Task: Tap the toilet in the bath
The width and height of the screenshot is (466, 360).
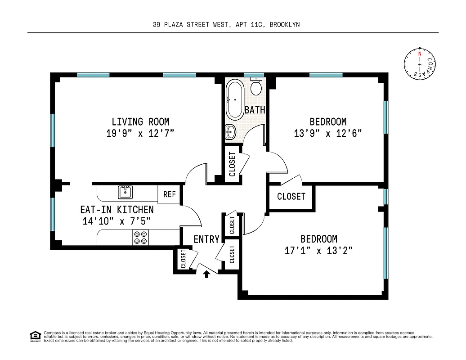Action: click(256, 87)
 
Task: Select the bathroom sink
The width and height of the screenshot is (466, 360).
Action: click(231, 132)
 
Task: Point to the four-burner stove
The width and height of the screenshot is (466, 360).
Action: click(140, 237)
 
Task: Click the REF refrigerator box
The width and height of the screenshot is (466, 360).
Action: click(170, 194)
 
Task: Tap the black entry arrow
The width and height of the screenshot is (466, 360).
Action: click(206, 274)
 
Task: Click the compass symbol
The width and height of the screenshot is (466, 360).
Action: click(420, 65)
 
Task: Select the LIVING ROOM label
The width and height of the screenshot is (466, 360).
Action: click(140, 121)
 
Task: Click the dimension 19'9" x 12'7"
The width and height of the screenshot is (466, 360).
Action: click(140, 133)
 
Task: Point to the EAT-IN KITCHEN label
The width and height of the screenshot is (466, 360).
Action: click(116, 210)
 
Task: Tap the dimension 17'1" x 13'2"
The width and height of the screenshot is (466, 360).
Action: click(318, 251)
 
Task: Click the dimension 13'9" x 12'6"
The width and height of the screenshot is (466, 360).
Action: click(328, 134)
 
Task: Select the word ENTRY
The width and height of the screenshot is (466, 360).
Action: click(206, 239)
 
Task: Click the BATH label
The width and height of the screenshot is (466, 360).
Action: click(255, 110)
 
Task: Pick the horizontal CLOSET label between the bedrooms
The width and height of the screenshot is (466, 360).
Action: click(291, 197)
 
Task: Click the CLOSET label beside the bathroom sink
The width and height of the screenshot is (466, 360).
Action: click(233, 164)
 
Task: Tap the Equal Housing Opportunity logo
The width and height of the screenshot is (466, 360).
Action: click(35, 336)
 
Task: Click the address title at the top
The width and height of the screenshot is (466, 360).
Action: click(226, 25)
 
